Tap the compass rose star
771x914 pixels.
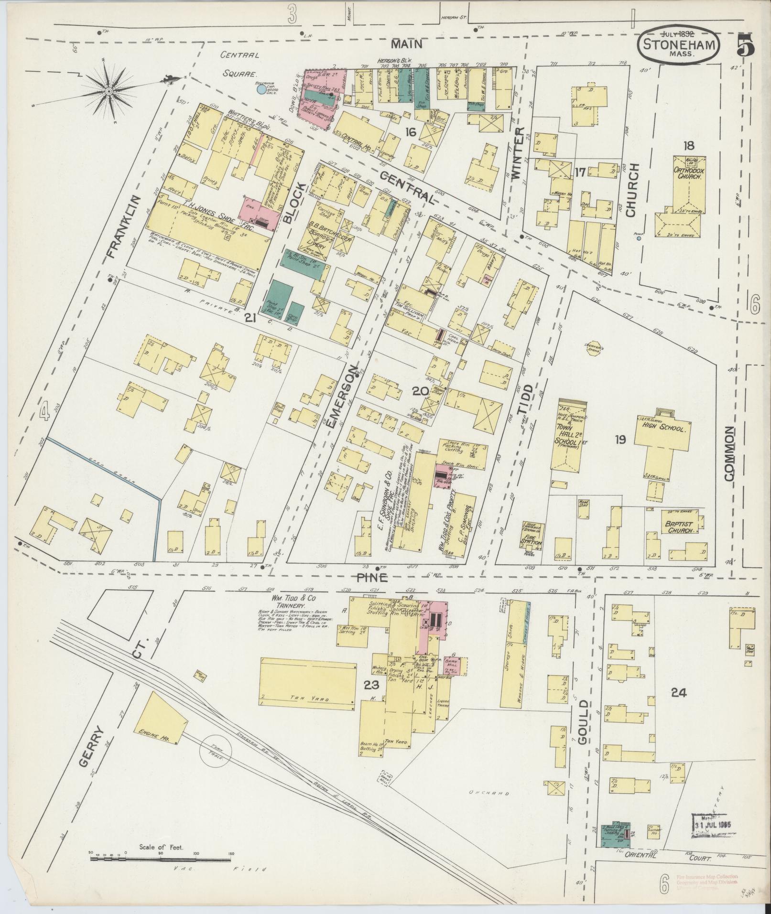(109, 91)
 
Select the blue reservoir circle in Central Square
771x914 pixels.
(261, 89)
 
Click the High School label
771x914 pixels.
(664, 429)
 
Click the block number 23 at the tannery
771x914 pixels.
(371, 685)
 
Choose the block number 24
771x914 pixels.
(678, 692)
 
